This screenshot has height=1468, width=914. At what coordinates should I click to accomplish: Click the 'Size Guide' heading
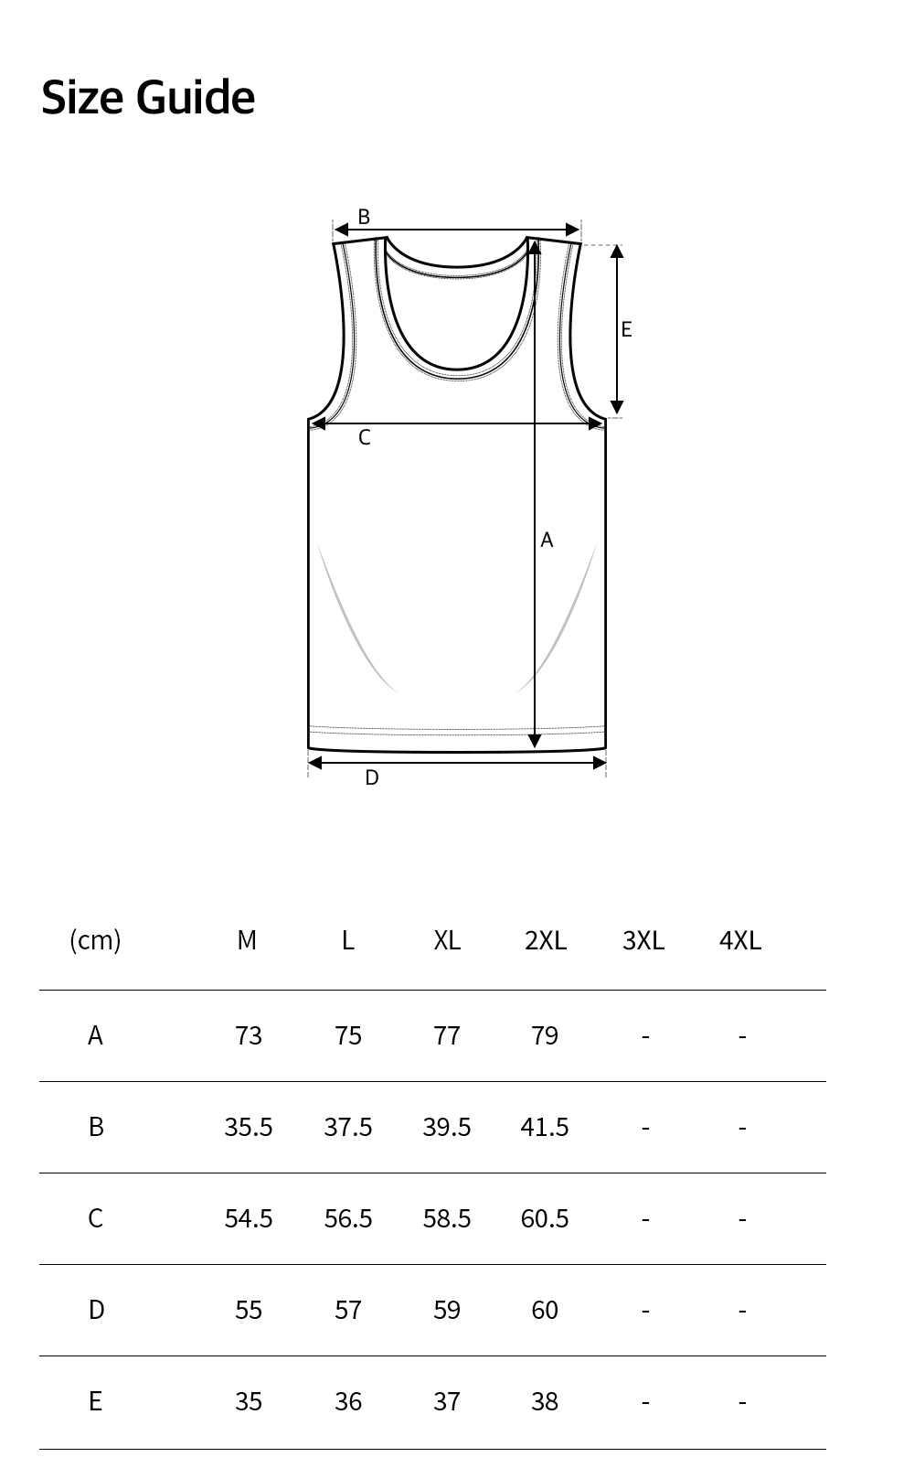tap(148, 98)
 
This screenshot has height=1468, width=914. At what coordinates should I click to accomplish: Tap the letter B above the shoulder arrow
tap(364, 216)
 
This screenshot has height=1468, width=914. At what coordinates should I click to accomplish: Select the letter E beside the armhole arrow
tap(627, 329)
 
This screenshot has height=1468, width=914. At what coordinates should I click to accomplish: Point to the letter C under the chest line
tap(365, 437)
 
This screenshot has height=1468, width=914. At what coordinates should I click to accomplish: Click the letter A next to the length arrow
tap(547, 540)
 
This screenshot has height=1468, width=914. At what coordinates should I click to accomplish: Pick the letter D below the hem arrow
tap(372, 778)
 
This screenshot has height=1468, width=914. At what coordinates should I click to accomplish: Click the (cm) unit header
tap(95, 940)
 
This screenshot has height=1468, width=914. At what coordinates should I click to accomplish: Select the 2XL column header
tap(546, 940)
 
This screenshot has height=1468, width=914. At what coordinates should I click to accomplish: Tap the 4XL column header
tap(740, 940)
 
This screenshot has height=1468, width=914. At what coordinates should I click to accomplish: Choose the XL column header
tap(447, 940)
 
